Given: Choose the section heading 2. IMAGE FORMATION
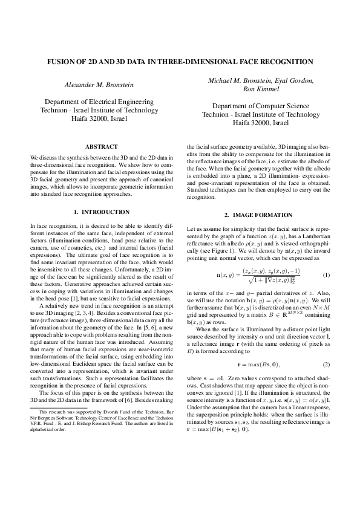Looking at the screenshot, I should [258, 215].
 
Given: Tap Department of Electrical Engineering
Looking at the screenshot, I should [97, 102].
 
